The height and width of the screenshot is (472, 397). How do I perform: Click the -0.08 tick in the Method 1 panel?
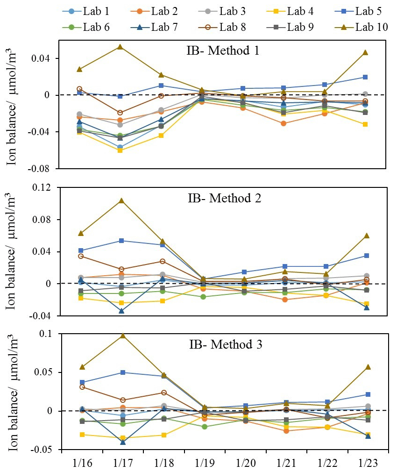pyautogui.click(x=44, y=169)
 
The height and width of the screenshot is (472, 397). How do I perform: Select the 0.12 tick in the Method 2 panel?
pyautogui.click(x=46, y=188)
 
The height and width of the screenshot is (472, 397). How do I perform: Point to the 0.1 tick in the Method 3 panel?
pyautogui.click(x=49, y=334)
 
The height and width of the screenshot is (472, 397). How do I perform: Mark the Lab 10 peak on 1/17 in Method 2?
pyautogui.click(x=121, y=200)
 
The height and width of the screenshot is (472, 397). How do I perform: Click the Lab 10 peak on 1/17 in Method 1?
pyautogui.click(x=121, y=47)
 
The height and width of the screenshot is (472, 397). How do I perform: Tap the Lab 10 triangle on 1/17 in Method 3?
pyautogui.click(x=121, y=336)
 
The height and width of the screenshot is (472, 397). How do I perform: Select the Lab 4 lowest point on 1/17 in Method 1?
pyautogui.click(x=121, y=150)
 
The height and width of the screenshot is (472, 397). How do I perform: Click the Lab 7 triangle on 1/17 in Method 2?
pyautogui.click(x=121, y=311)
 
